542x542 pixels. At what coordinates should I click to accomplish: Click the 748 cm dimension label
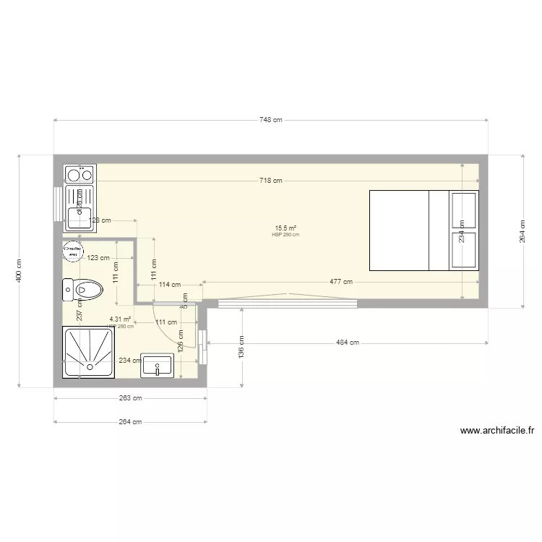click(x=270, y=120)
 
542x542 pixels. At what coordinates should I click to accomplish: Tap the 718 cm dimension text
click(x=270, y=181)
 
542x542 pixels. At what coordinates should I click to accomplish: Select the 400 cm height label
click(x=20, y=270)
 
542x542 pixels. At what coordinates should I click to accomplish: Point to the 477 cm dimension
click(x=341, y=282)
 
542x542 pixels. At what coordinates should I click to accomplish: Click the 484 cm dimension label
click(x=347, y=343)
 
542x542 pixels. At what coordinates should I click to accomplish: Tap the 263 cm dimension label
click(x=130, y=397)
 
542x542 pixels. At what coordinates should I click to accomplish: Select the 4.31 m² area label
click(x=120, y=319)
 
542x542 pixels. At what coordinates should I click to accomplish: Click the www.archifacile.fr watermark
click(x=496, y=432)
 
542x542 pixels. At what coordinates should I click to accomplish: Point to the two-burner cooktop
click(x=80, y=175)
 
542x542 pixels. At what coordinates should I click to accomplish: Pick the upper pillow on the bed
click(x=464, y=210)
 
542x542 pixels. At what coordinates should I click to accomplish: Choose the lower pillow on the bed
click(x=464, y=250)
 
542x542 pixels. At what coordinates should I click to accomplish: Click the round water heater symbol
click(x=72, y=251)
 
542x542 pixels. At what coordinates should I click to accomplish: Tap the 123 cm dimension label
click(x=98, y=257)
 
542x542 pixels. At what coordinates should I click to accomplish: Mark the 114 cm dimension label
click(x=169, y=285)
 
